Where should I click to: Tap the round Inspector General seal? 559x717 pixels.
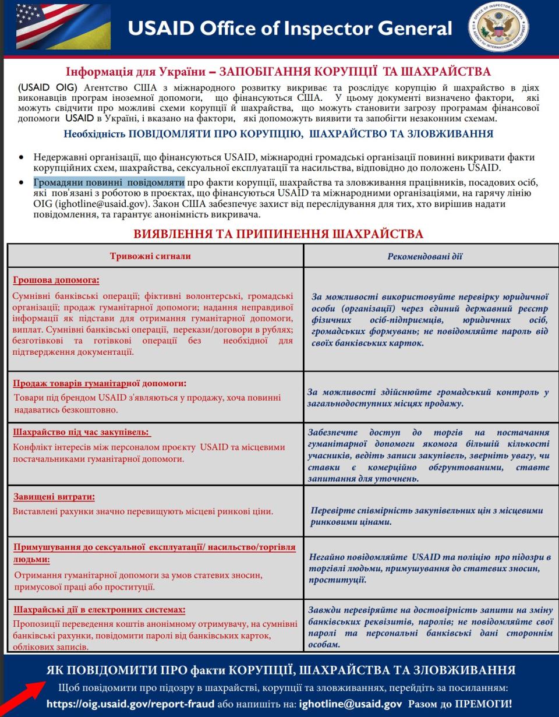point(498,27)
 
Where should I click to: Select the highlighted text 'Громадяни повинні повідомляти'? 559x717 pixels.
point(109,182)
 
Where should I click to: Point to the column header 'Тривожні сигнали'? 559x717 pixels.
point(151,256)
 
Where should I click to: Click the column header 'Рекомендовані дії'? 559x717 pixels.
point(425,256)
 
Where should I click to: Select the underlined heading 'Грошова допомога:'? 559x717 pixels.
point(56,280)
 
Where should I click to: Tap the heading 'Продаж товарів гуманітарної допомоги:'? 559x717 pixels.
point(100,383)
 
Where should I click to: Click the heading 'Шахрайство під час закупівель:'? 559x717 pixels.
point(81,432)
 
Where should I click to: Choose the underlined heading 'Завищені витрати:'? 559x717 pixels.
point(54,497)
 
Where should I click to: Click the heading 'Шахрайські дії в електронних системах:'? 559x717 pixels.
point(99,609)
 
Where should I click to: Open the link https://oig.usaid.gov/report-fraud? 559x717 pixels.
point(130,704)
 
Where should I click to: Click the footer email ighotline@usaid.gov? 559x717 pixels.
point(350,704)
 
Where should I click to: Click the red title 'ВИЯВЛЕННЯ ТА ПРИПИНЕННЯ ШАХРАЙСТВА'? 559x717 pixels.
point(278,234)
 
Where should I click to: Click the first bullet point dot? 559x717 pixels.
point(22,157)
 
